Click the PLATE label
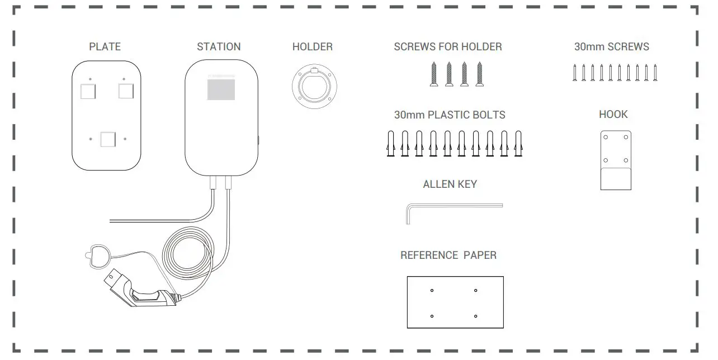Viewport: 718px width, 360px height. tap(105, 47)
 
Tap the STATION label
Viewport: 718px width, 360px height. tap(219, 47)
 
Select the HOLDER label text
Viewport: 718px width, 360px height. tap(312, 47)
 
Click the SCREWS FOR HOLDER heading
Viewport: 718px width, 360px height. tap(448, 47)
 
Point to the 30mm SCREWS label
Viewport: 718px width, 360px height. tap(612, 47)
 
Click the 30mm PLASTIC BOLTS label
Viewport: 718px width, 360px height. tap(450, 115)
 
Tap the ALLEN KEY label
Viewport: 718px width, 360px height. tap(450, 184)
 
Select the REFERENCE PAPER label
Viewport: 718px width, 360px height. tap(448, 255)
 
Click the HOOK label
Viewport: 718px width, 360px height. tap(613, 115)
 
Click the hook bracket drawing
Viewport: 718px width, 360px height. tap(616, 160)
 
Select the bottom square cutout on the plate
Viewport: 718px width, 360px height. tap(107, 139)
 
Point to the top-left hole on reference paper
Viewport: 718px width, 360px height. tap(432, 290)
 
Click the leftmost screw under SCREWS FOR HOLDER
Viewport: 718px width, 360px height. tap(434, 74)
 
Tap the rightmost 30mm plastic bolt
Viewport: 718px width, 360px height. tap(519, 144)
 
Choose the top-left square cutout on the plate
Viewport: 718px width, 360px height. tap(88, 91)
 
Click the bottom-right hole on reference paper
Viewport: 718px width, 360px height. tap(475, 316)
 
